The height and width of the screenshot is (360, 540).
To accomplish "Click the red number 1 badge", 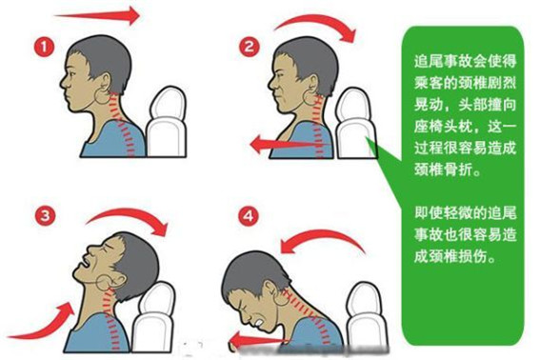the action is pyautogui.click(x=44, y=47).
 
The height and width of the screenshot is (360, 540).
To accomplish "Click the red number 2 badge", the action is pyautogui.click(x=249, y=47).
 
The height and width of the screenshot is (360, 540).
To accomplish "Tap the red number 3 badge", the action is pyautogui.click(x=45, y=215).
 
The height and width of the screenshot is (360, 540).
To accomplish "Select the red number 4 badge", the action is pyautogui.click(x=249, y=216).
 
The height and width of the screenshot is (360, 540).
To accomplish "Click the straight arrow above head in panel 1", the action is pyautogui.click(x=97, y=15).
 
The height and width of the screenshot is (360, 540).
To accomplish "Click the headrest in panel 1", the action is pyautogui.click(x=168, y=122).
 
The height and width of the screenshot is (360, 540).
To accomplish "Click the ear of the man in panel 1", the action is pyautogui.click(x=105, y=84).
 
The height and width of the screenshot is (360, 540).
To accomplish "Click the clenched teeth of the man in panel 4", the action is pyautogui.click(x=259, y=323).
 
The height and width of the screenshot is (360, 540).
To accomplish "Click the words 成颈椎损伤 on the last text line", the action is pyautogui.click(x=450, y=256).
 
